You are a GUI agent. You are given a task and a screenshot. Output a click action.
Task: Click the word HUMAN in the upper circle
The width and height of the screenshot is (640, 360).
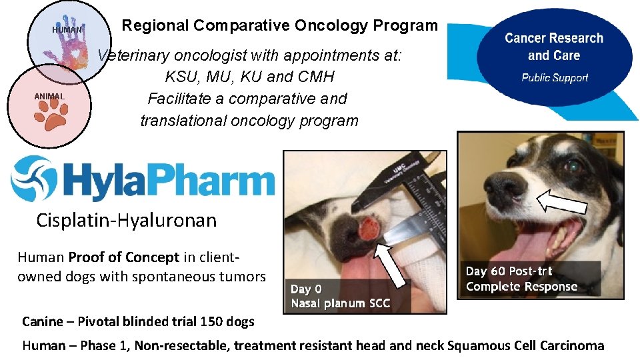[x=67, y=30]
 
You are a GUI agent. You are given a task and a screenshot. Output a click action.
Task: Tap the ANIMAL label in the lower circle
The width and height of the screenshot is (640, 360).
[x=50, y=97]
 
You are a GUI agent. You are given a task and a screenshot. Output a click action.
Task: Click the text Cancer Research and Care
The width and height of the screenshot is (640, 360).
[x=554, y=47]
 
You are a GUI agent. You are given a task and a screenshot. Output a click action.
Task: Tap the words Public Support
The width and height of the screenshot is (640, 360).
[x=555, y=77]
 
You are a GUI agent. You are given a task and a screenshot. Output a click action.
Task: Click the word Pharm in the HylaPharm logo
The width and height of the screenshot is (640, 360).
[x=219, y=179]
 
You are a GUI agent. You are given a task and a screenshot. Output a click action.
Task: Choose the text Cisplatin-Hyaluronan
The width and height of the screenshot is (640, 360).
[x=127, y=220]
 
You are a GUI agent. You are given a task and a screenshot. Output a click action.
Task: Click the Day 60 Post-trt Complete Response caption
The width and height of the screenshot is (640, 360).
[x=521, y=279]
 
